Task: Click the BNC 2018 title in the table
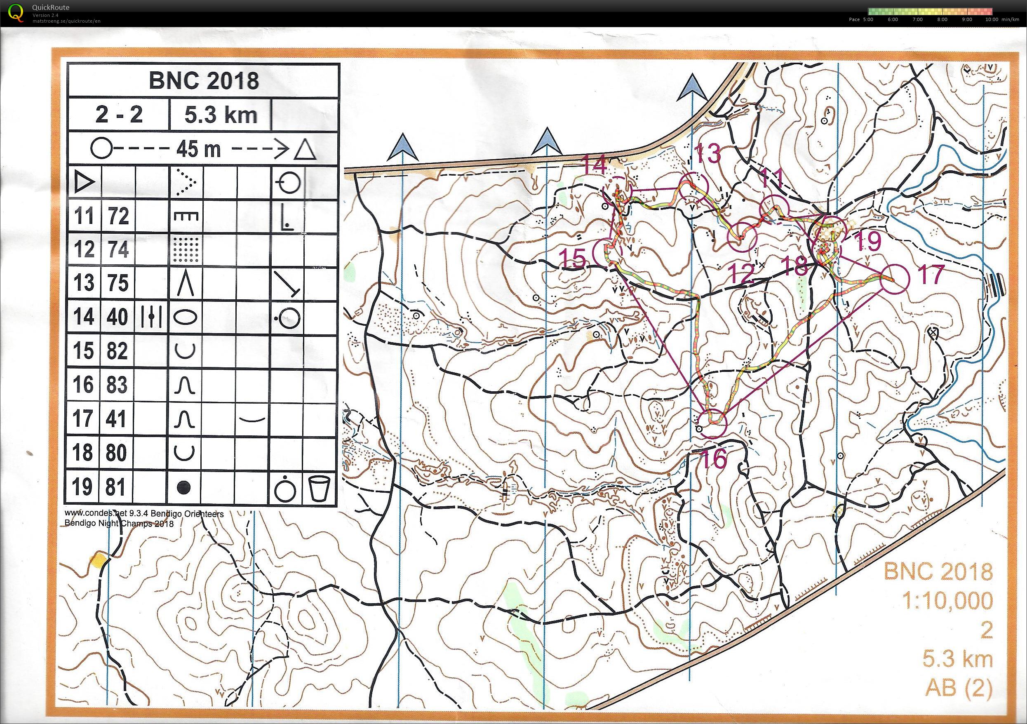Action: click(x=204, y=80)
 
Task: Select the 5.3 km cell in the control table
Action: click(x=221, y=115)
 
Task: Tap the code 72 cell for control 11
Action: click(x=118, y=216)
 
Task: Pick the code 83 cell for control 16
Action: click(x=118, y=385)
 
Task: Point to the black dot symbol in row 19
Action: click(x=185, y=487)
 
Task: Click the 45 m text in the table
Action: click(x=199, y=149)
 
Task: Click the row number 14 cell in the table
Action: click(x=84, y=317)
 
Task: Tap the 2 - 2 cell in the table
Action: click(x=119, y=115)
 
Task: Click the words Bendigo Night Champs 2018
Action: click(x=119, y=523)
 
